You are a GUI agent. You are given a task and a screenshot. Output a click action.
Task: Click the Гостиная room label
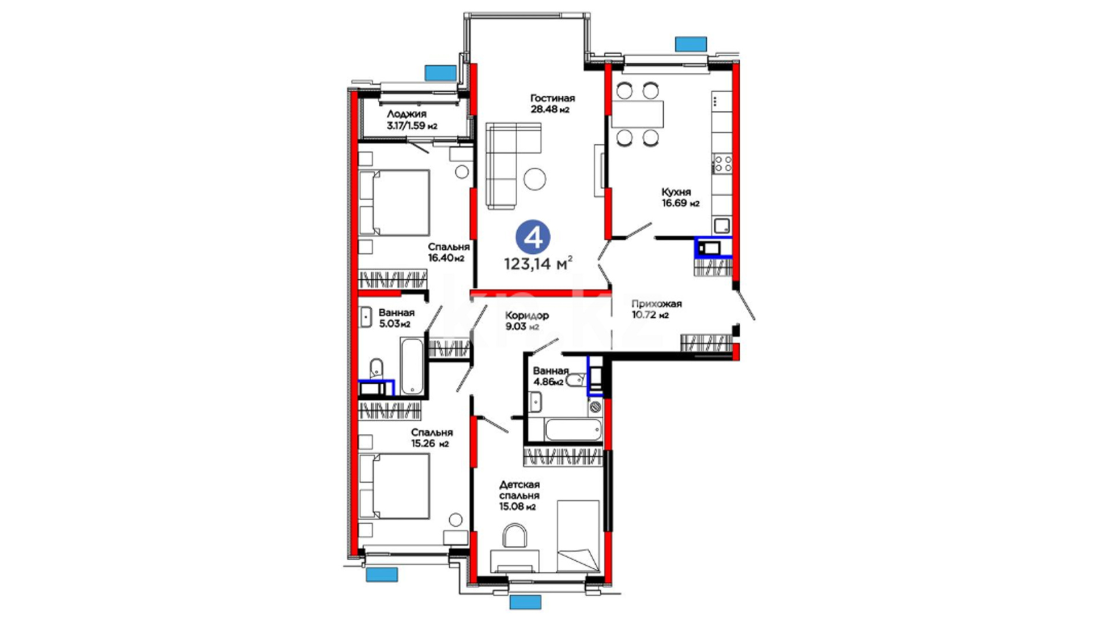[552, 99]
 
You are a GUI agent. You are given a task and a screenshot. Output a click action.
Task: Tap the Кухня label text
[676, 192]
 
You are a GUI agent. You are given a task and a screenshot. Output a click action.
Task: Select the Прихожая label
[656, 304]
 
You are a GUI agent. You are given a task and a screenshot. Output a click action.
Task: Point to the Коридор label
[527, 316]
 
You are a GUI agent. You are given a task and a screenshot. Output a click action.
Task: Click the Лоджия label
[406, 114]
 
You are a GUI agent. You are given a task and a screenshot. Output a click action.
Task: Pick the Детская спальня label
[519, 490]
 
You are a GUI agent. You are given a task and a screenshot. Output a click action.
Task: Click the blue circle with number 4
[533, 237]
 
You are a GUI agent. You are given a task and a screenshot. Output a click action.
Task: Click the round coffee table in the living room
[535, 179]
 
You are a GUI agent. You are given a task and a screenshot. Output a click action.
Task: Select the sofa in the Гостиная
[507, 166]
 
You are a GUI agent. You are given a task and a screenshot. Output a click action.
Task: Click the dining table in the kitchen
[637, 114]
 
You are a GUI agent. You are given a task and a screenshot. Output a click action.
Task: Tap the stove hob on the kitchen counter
[722, 164]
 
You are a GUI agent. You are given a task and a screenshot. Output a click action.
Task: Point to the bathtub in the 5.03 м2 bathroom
[412, 366]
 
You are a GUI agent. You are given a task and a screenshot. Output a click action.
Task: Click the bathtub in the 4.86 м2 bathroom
[573, 429]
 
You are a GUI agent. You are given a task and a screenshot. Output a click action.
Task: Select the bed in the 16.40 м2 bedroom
[394, 202]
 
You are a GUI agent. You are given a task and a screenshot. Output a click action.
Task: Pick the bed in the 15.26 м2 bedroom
[394, 486]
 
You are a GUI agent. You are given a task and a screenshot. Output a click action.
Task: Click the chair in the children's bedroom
[514, 535]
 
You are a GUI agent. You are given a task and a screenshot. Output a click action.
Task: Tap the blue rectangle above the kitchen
[691, 44]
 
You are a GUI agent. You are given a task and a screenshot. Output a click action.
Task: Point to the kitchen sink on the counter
[722, 225]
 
